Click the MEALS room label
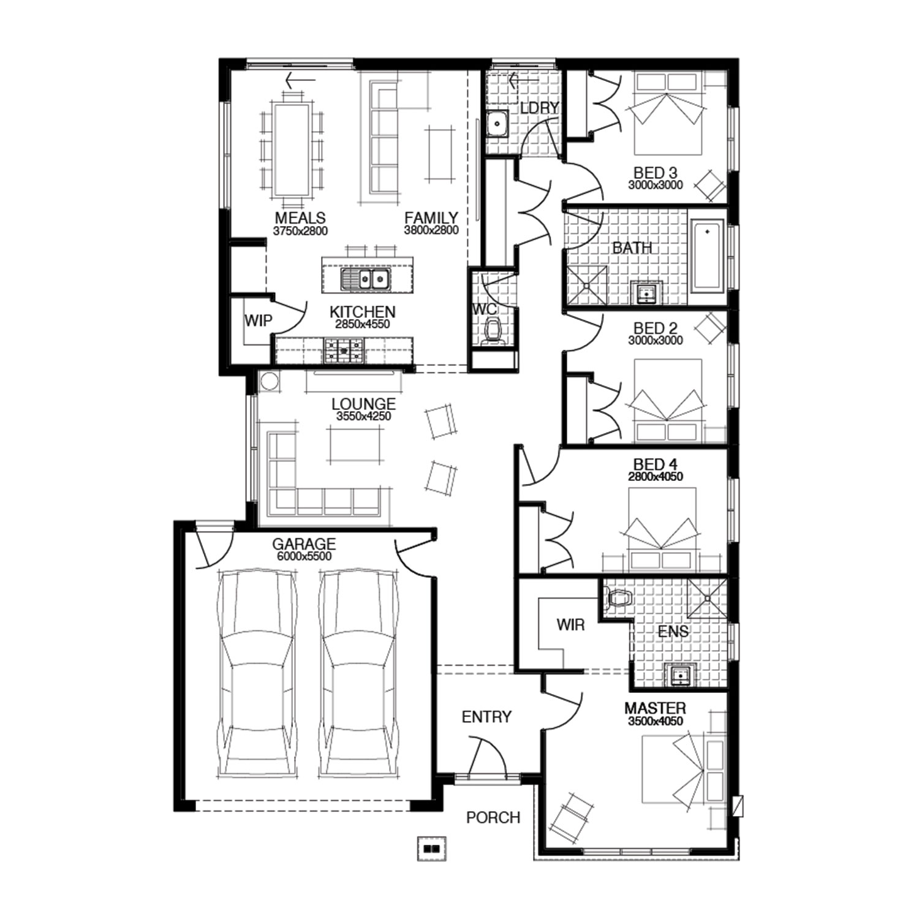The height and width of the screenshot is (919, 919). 300,218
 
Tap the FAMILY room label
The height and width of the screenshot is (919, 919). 431,218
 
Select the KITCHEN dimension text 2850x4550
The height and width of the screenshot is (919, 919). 363,324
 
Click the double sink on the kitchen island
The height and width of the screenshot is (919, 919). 365,279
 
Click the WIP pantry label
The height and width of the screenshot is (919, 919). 258,320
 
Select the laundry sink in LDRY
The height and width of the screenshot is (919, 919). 497,124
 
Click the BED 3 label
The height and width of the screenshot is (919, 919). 656,173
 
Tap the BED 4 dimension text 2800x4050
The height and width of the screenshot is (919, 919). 656,477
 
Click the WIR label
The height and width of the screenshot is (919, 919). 570,625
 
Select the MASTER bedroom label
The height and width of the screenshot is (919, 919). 655,708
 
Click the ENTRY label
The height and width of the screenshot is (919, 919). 486,717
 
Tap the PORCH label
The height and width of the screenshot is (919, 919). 493,817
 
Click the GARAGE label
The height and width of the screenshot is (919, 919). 304,544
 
